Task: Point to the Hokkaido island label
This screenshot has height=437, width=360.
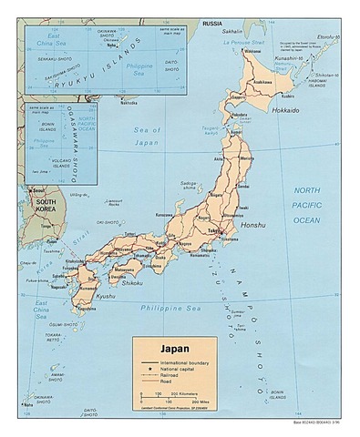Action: pos(286,109)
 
